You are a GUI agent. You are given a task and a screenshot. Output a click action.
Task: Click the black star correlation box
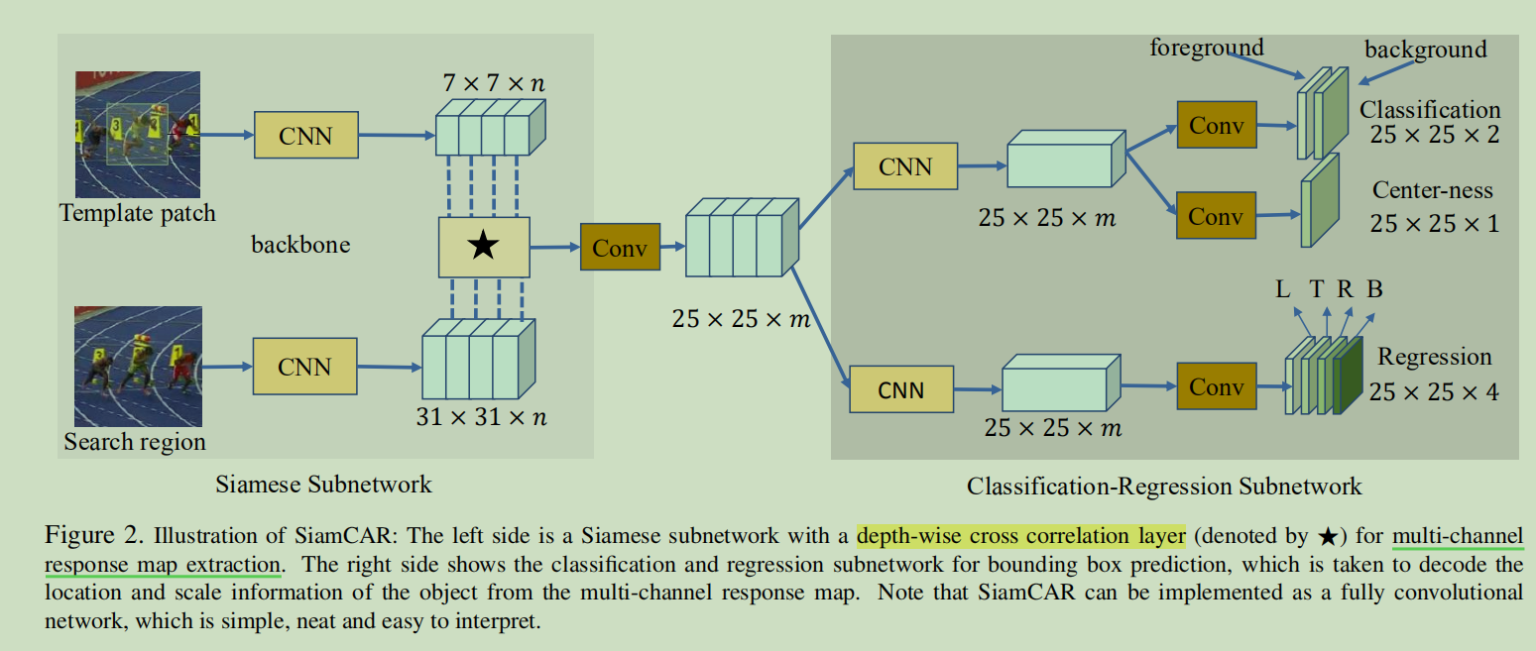pos(484,247)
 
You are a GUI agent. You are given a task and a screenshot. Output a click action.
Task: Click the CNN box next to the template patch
pos(305,135)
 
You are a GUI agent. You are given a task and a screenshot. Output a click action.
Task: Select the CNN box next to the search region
pos(304,367)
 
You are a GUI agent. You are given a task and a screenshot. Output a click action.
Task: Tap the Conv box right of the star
pos(620,247)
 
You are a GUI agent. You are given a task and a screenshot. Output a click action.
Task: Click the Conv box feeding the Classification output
pos(1216,125)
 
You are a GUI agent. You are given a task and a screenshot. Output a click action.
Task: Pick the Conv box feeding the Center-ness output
pos(1216,214)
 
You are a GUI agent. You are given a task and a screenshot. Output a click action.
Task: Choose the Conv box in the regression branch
pos(1216,386)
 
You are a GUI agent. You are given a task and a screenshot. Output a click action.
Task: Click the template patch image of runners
pos(138,135)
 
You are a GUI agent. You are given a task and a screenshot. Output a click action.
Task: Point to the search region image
pos(138,367)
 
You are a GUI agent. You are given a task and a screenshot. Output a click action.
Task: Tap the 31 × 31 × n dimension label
pos(482,417)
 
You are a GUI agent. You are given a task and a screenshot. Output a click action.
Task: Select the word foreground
pos(1207,47)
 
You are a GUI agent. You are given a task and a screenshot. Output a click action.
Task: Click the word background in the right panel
pos(1425,49)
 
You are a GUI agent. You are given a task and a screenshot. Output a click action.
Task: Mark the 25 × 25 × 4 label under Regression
pos(1433,392)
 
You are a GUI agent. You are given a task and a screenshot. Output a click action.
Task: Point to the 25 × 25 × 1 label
pos(1434,223)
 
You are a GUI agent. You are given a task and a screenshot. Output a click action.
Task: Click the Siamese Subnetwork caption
pos(323,484)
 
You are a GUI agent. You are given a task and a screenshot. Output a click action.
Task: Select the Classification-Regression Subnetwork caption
pos(1164,486)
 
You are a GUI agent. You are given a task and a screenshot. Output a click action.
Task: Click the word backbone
pos(300,244)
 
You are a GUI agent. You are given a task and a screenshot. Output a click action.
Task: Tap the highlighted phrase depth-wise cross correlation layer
pos(1020,536)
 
